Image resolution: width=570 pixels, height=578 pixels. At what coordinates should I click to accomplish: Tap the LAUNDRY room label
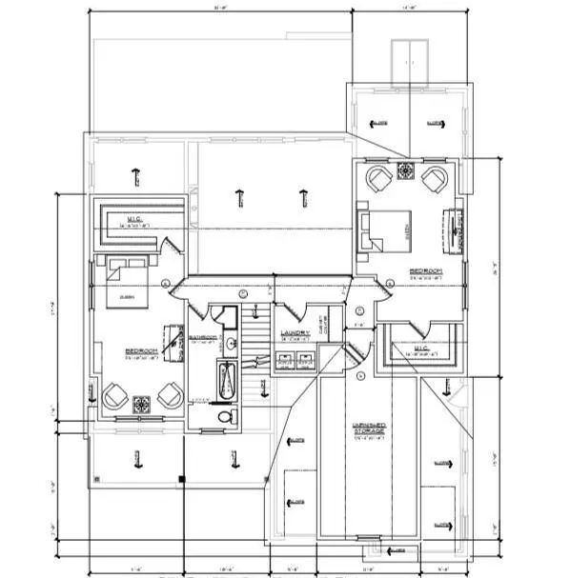293,334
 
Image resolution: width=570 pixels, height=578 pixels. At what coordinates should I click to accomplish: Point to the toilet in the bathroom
225,416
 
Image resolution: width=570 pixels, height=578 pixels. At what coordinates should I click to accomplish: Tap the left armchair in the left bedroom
115,393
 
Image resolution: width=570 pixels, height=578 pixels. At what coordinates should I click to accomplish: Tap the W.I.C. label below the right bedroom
419,350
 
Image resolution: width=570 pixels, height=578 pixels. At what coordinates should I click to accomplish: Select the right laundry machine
305,360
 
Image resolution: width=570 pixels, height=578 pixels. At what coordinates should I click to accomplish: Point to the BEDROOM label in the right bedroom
425,271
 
